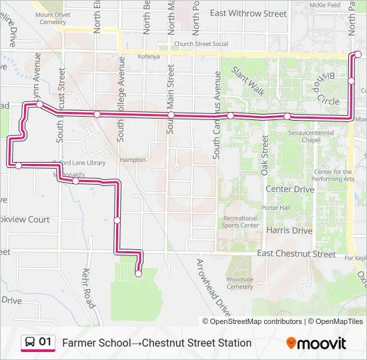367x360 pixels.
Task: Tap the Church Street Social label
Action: [x=201, y=45]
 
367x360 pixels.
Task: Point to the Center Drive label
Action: [x=290, y=189]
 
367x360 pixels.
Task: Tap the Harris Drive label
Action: [x=289, y=231]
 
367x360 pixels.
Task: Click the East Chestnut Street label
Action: [x=296, y=254]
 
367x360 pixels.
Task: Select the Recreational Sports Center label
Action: [x=240, y=221]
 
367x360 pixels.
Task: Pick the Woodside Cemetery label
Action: [x=240, y=283]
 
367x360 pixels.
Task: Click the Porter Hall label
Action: [x=275, y=207]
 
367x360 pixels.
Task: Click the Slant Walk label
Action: [x=248, y=78]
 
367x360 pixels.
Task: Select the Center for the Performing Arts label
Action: [x=333, y=175]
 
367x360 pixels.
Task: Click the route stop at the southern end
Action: [x=139, y=273]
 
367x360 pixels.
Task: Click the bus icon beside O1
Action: [x=31, y=343]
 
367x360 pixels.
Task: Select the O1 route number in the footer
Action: [x=45, y=343]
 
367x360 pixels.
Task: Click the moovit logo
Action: [x=316, y=343]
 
